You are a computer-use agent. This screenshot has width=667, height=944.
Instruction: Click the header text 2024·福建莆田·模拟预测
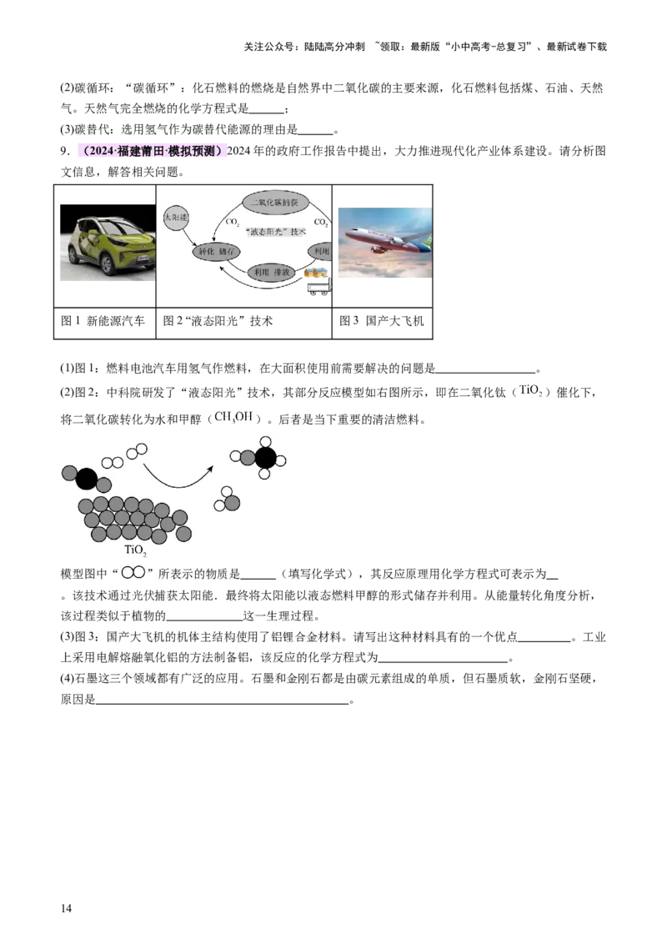150,152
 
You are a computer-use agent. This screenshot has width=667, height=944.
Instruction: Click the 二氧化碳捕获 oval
276,203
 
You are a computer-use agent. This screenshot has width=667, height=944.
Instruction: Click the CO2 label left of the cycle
232,223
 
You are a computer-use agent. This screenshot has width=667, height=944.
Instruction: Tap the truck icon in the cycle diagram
318,289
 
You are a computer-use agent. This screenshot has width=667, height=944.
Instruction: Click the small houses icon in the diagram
314,272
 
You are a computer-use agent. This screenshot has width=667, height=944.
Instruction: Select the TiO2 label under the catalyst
135,550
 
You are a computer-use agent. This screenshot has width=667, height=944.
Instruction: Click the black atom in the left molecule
86,479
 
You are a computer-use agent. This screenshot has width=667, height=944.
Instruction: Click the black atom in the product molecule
265,457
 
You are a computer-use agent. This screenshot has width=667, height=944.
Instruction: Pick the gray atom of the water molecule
232,502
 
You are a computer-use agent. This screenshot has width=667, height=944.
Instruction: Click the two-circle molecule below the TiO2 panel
133,572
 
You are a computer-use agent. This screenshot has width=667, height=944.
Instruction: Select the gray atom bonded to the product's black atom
248,457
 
